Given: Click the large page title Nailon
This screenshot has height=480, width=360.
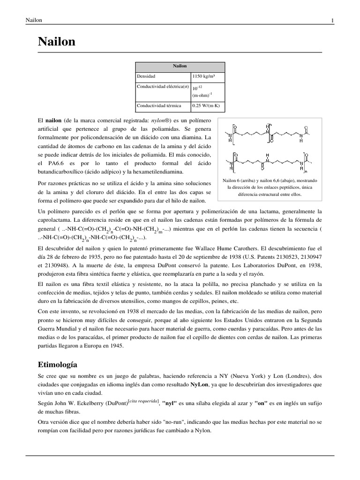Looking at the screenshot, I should [56, 42].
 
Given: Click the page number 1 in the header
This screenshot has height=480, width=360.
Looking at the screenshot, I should [332, 20].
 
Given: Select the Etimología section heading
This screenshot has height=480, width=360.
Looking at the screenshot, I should [57, 364].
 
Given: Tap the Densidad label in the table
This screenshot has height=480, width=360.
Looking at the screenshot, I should [146, 76].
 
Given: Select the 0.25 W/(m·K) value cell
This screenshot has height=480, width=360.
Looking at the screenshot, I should [206, 105].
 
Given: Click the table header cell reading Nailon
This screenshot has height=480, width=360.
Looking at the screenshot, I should [180, 66].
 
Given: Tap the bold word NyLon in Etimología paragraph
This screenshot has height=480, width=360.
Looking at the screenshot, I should [201, 384].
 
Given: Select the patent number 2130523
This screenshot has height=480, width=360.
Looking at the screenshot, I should [285, 256].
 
